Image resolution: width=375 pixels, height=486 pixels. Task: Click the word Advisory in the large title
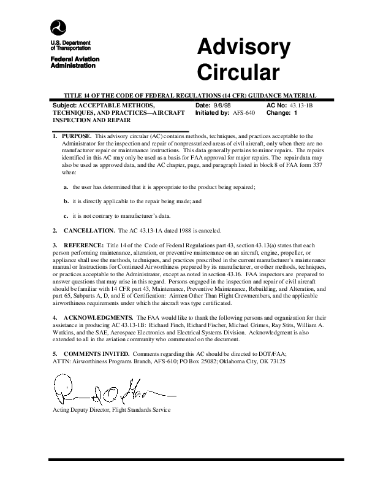pyautogui.click(x=243, y=48)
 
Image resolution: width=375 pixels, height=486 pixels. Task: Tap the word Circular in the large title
pyautogui.click(x=238, y=72)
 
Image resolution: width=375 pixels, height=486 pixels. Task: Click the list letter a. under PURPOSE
pyautogui.click(x=66, y=186)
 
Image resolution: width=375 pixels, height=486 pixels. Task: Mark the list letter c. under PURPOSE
pyautogui.click(x=66, y=215)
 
